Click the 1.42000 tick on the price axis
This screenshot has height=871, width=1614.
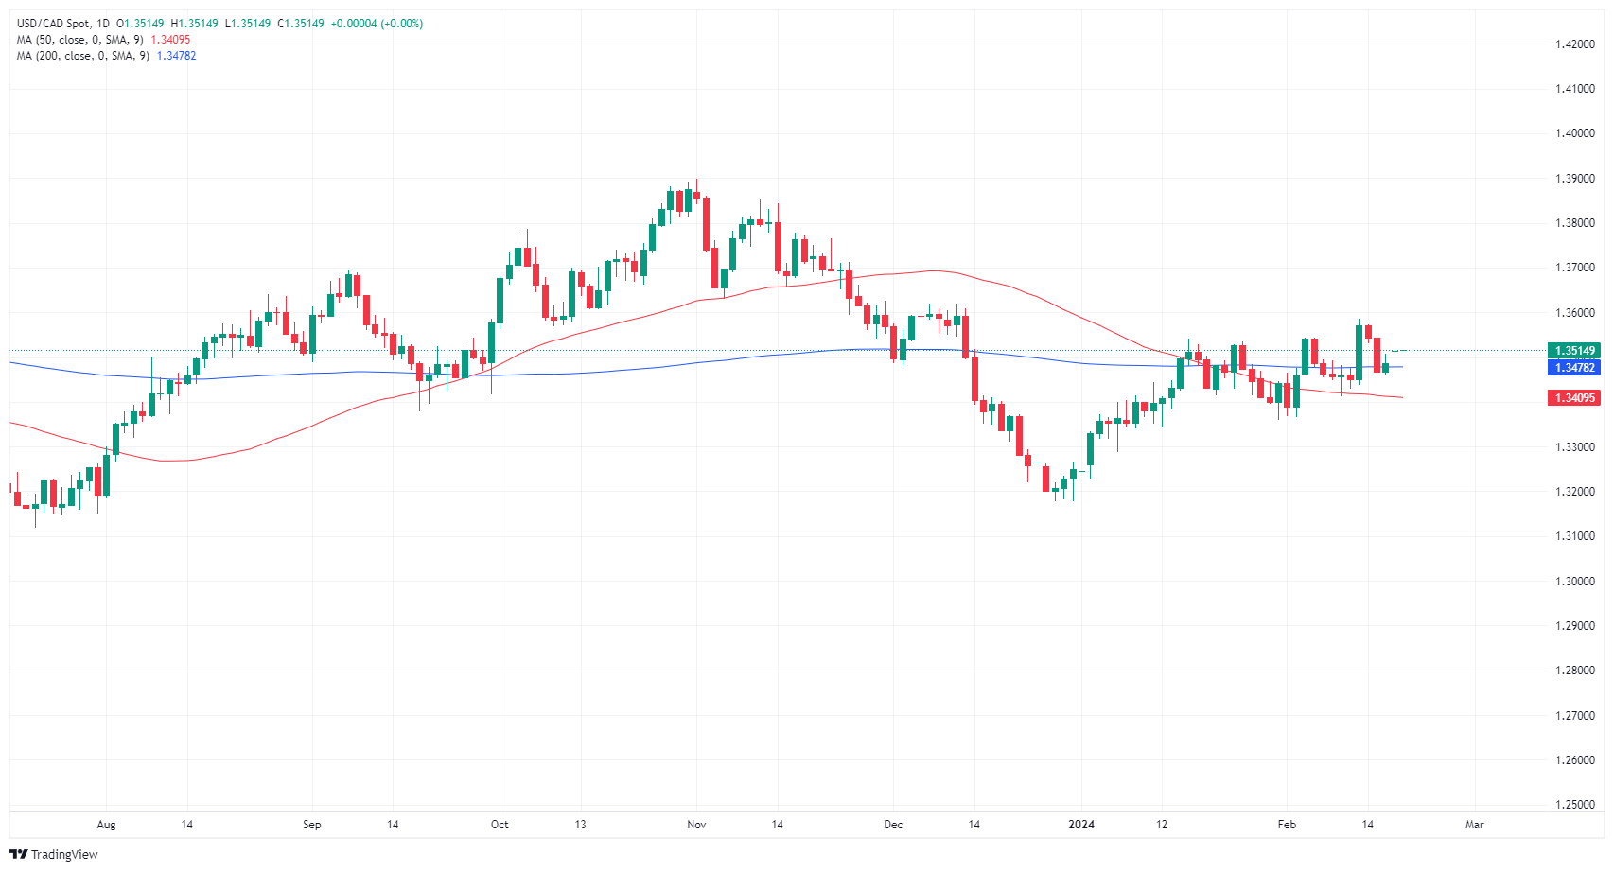coord(1575,44)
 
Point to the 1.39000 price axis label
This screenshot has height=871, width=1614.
coord(1575,179)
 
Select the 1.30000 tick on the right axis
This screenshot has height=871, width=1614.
coord(1575,582)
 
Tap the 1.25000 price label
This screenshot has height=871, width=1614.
coord(1575,805)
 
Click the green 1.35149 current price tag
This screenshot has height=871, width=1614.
coord(1574,351)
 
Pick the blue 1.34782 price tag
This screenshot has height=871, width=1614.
coord(1574,368)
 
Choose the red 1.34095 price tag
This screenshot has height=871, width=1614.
coord(1574,398)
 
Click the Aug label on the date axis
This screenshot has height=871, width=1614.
coord(106,825)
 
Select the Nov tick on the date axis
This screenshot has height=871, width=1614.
coord(696,825)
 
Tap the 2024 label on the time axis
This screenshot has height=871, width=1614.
coord(1081,825)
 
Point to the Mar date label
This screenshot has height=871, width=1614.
coord(1474,825)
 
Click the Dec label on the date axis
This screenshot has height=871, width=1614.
coord(893,825)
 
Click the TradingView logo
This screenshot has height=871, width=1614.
coord(54,854)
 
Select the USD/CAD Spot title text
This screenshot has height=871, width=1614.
coord(54,24)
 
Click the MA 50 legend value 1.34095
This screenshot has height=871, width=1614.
coord(170,40)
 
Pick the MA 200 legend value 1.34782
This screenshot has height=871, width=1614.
coord(176,56)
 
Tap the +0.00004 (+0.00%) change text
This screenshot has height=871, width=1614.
coord(377,24)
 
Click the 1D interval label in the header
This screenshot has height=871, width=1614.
coord(103,24)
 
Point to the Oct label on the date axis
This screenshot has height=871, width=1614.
coord(500,825)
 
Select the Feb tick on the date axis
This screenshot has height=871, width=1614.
coord(1287,825)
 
